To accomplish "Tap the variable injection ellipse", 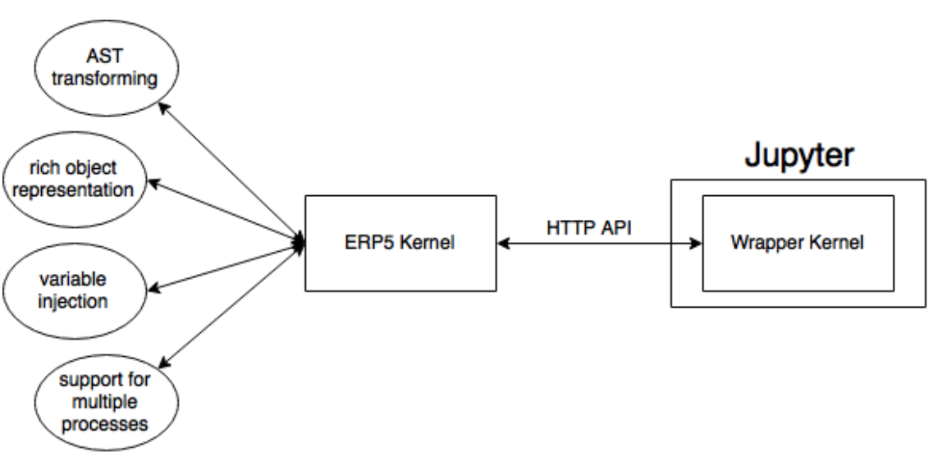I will pyautogui.click(x=76, y=290).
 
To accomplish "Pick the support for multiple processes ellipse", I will pyautogui.click(x=107, y=403).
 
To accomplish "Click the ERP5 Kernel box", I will pyautogui.click(x=400, y=244).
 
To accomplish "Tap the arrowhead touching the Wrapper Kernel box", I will pyautogui.click(x=696, y=244).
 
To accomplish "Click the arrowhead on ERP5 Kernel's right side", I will pyautogui.click(x=503, y=244).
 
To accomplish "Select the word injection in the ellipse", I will pyautogui.click(x=76, y=301).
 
